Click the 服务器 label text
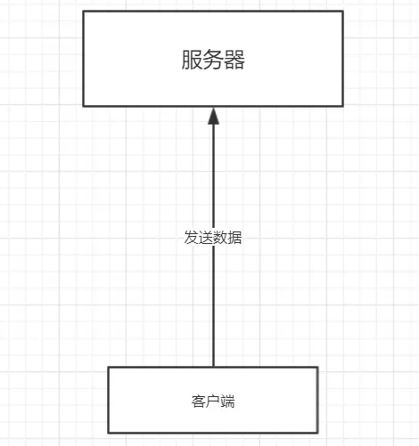[x=213, y=61]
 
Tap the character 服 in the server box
[x=192, y=61]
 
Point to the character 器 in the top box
[x=234, y=61]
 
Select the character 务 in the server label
[x=213, y=61]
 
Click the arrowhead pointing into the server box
[x=213, y=116]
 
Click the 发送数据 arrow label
[x=213, y=238]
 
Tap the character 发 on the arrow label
[x=191, y=238]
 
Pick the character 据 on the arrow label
[x=235, y=238]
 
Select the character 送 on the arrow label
[x=206, y=238]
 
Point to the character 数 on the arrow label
[x=220, y=238]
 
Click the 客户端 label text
[x=213, y=401]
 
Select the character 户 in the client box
[x=213, y=401]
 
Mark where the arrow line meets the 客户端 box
[x=213, y=367]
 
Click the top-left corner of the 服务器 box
[x=84, y=12]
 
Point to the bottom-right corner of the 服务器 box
[x=342, y=106]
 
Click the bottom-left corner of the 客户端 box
[x=109, y=433]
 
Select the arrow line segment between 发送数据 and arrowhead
[x=213, y=178]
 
